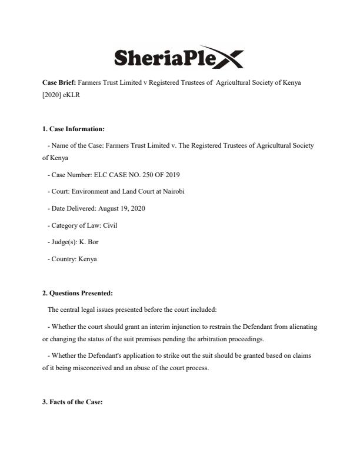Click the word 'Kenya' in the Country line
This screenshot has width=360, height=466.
88,258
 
